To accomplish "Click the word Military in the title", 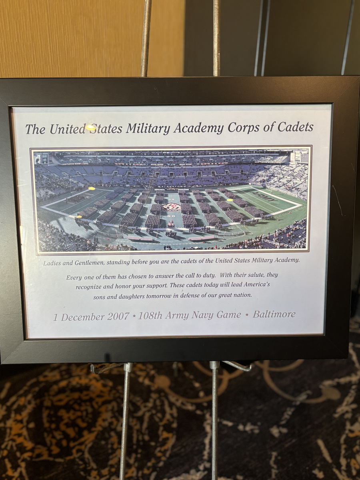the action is (148, 128).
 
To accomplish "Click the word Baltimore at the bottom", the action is (274, 314).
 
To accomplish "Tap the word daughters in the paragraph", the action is (133, 296).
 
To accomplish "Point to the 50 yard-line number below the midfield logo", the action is (171, 216).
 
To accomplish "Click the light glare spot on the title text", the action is (91, 127).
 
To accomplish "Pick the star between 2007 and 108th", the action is (134, 316).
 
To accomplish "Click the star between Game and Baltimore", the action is (247, 315).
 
